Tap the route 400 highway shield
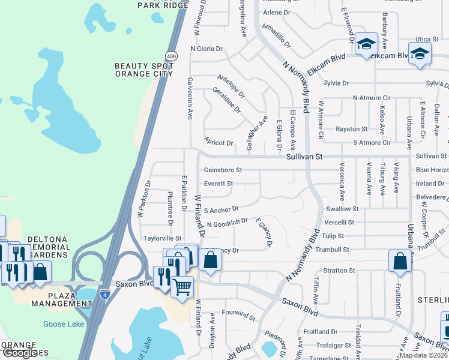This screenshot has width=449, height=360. pos(171,56)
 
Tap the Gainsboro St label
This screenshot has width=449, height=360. pos(223,170)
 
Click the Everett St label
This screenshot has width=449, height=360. pos(218,184)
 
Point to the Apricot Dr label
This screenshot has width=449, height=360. pos(218,143)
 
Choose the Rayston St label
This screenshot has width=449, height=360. pos(351,129)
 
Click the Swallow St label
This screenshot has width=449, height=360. pos(342,209)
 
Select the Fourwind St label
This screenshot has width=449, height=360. pos(239,313)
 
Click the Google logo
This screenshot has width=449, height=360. pos(20,353)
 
